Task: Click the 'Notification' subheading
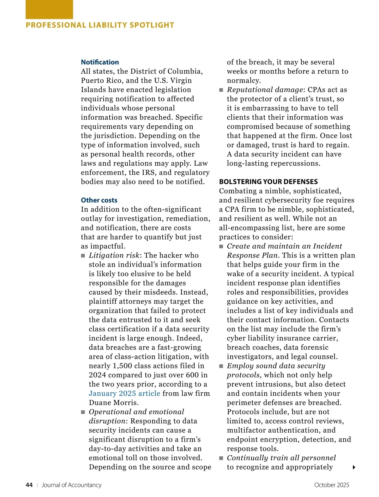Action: pyautogui.click(x=100, y=62)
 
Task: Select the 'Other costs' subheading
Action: pyautogui.click(x=99, y=200)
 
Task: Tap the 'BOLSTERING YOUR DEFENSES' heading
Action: pyautogui.click(x=268, y=182)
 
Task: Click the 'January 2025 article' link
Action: pyautogui.click(x=124, y=393)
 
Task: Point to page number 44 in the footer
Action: pyautogui.click(x=29, y=485)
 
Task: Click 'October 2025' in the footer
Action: pyautogui.click(x=332, y=485)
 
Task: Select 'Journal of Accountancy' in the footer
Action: pyautogui.click(x=71, y=485)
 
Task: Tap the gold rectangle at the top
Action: pyautogui.click(x=49, y=9)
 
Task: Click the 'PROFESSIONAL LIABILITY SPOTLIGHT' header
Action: pyautogui.click(x=100, y=25)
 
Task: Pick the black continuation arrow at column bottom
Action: pyautogui.click(x=354, y=467)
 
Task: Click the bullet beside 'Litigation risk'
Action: pyautogui.click(x=83, y=256)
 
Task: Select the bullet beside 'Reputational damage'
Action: pyautogui.click(x=221, y=90)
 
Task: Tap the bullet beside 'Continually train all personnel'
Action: pyautogui.click(x=221, y=458)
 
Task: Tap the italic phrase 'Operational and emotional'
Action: pyautogui.click(x=136, y=412)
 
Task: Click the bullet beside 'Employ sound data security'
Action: pyautogui.click(x=221, y=366)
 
